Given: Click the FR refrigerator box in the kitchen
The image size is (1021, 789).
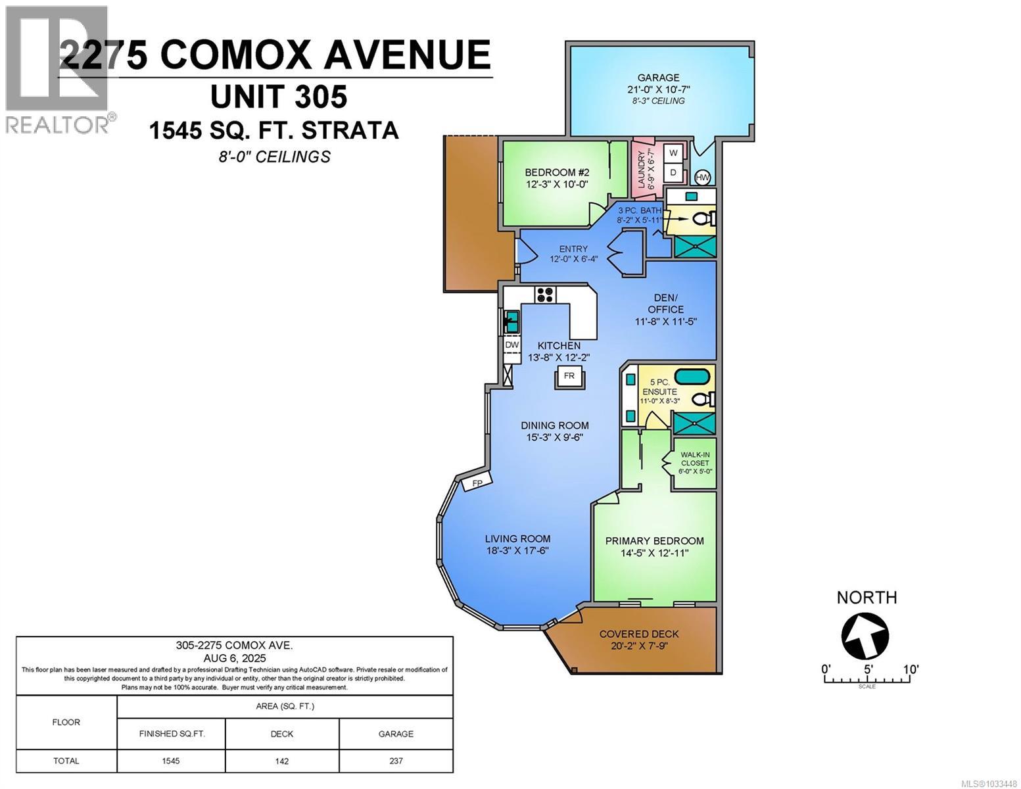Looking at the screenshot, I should pyautogui.click(x=569, y=376).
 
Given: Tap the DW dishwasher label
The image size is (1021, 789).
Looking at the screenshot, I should pyautogui.click(x=511, y=345).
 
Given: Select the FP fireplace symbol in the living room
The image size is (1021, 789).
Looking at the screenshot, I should pyautogui.click(x=477, y=483).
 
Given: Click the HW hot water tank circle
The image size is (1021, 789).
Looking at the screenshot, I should pyautogui.click(x=703, y=178).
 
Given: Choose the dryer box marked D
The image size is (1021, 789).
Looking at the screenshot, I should pyautogui.click(x=673, y=172).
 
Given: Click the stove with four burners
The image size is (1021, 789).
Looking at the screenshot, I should pyautogui.click(x=544, y=295).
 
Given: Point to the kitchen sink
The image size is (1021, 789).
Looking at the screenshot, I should pyautogui.click(x=511, y=322).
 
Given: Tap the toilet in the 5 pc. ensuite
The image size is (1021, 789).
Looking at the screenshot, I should pyautogui.click(x=703, y=399).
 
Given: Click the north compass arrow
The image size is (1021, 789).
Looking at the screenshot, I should pyautogui.click(x=865, y=636).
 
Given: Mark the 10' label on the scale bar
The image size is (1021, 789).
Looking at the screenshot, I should pyautogui.click(x=910, y=669).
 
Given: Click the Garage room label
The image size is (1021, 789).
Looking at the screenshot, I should pyautogui.click(x=658, y=78).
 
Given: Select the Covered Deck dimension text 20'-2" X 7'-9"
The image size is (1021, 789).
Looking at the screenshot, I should pyautogui.click(x=639, y=646).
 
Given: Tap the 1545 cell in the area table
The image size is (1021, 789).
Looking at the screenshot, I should pyautogui.click(x=171, y=761).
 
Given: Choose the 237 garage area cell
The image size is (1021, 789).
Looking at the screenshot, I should pyautogui.click(x=396, y=761).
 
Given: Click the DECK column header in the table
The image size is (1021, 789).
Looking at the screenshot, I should pyautogui.click(x=282, y=734).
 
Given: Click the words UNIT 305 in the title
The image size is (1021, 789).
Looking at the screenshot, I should pyautogui.click(x=279, y=97).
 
